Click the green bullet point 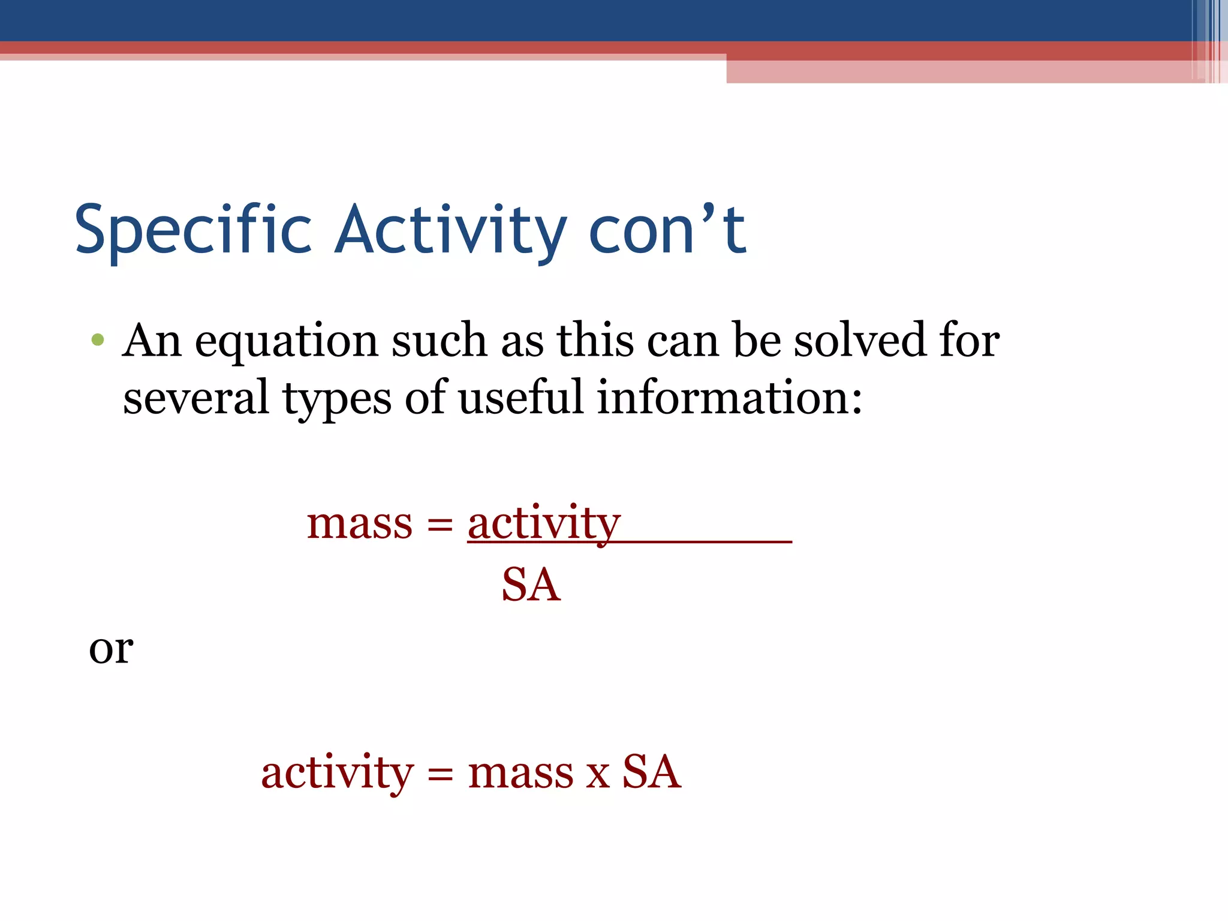tap(98, 341)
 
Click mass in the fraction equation tap(360, 523)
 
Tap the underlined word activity tap(543, 523)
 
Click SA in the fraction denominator tap(531, 585)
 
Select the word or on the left tap(111, 649)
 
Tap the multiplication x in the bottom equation tap(598, 775)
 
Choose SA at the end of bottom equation tap(652, 772)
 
